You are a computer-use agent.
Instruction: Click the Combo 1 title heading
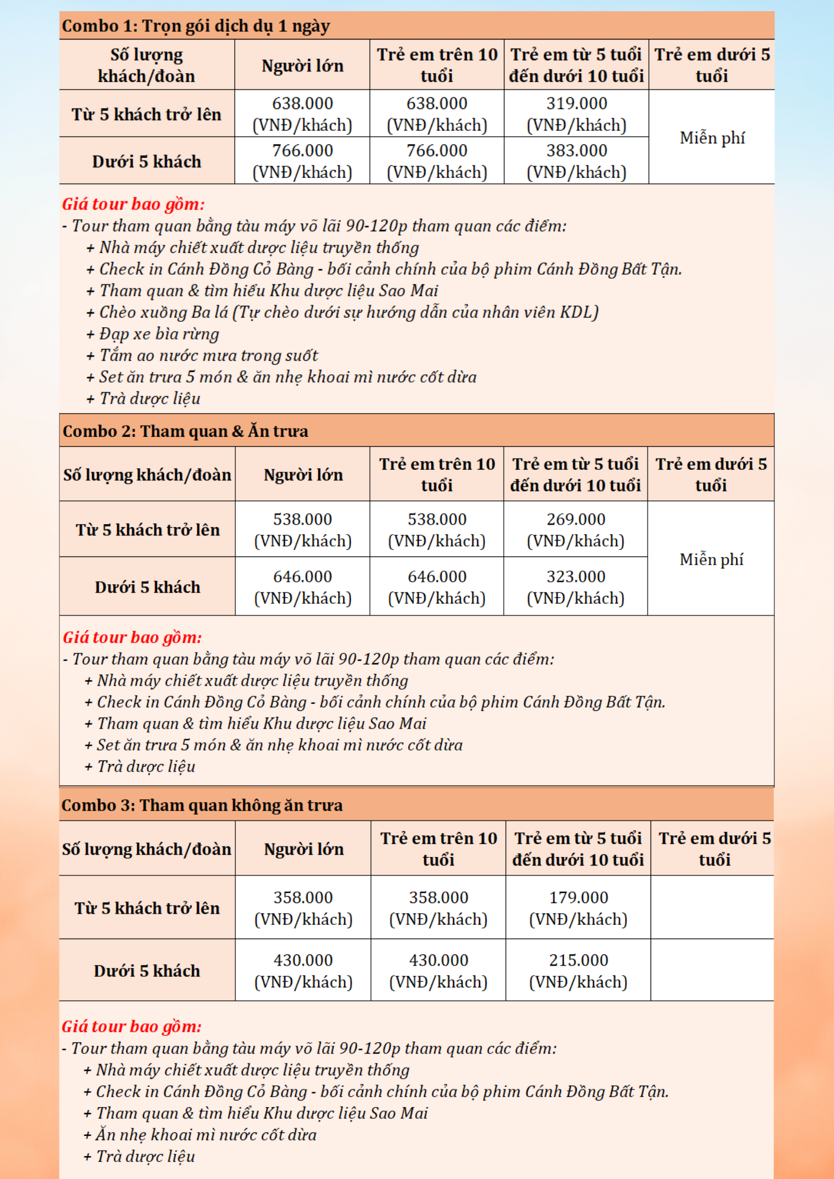pyautogui.click(x=196, y=26)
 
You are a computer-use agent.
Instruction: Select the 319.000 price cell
pyautogui.click(x=576, y=114)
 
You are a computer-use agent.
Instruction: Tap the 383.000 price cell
pyautogui.click(x=576, y=161)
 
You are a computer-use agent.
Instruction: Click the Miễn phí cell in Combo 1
pyautogui.click(x=712, y=138)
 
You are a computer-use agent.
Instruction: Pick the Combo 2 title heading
pyautogui.click(x=185, y=431)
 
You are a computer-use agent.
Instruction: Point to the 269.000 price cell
pyautogui.click(x=576, y=529)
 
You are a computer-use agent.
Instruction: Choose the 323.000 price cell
pyautogui.click(x=576, y=587)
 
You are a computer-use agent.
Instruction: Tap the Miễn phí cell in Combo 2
pyautogui.click(x=711, y=559)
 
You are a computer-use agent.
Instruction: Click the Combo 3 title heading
pyautogui.click(x=202, y=805)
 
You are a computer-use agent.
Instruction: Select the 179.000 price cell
pyautogui.click(x=578, y=908)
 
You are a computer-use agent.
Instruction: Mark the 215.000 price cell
pyautogui.click(x=578, y=970)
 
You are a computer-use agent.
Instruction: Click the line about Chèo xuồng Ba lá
pyautogui.click(x=348, y=312)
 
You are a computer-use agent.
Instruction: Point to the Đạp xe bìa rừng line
pyautogui.click(x=159, y=334)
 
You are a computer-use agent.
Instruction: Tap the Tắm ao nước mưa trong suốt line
pyautogui.click(x=208, y=355)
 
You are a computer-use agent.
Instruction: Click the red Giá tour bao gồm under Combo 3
pyautogui.click(x=132, y=1026)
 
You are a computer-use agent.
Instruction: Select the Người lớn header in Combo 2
pyautogui.click(x=303, y=475)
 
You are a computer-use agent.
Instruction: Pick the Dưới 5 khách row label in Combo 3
pyautogui.click(x=147, y=970)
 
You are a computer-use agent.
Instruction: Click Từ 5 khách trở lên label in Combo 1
pyautogui.click(x=147, y=114)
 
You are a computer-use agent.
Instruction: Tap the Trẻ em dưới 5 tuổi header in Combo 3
pyautogui.click(x=714, y=849)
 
